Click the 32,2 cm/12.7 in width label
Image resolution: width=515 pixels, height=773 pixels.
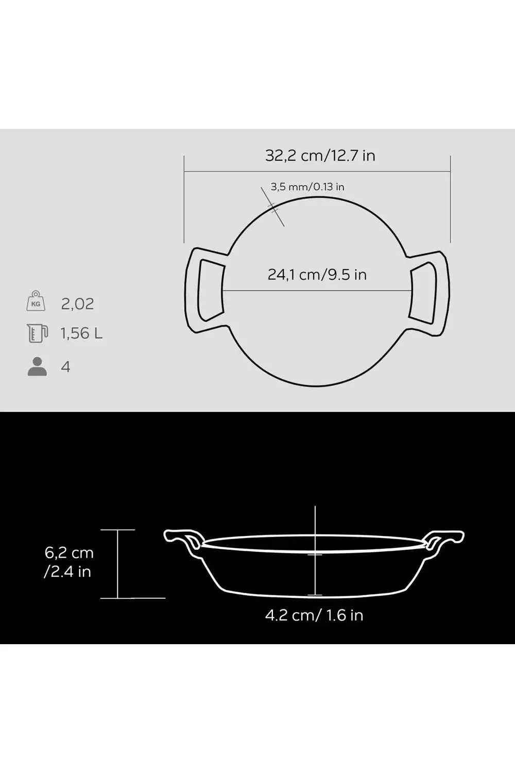point(320,155)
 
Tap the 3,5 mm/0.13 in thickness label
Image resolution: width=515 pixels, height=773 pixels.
point(307,187)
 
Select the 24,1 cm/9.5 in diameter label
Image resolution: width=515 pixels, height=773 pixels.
point(317,274)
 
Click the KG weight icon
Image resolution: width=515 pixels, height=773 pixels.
point(36,301)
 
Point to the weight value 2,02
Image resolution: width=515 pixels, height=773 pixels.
point(77,304)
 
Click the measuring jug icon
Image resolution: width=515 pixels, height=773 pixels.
point(37,333)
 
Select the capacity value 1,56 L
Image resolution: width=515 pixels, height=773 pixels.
point(81,333)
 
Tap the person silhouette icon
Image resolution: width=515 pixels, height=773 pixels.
point(37,366)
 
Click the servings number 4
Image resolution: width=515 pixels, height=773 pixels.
point(65,367)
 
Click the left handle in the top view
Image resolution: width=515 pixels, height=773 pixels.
point(204,290)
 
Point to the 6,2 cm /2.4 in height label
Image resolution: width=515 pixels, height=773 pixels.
point(68,562)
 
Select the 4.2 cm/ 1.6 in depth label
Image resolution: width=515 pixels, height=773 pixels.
point(314,615)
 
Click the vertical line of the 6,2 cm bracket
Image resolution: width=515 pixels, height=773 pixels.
point(118,564)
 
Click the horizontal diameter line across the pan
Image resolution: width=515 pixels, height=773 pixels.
point(317,290)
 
